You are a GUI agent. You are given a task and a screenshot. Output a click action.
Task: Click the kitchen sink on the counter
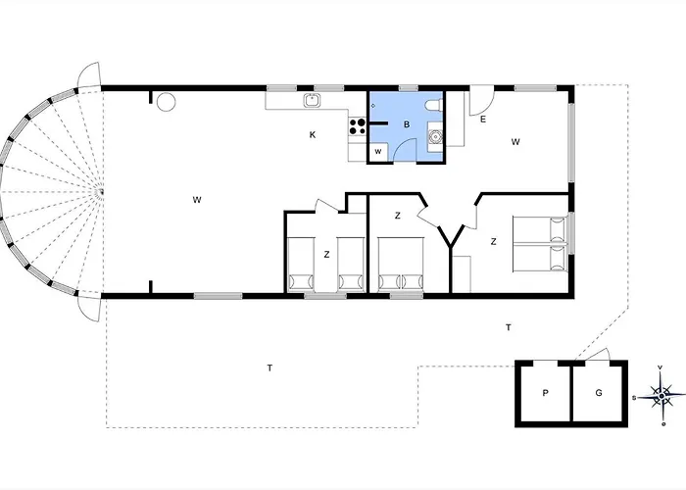tap(312, 100)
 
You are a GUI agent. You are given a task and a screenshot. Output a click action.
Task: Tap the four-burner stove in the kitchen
tap(358, 126)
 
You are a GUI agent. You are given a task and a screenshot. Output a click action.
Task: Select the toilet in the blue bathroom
tap(435, 106)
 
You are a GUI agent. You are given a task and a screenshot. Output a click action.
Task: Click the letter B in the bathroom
tap(407, 124)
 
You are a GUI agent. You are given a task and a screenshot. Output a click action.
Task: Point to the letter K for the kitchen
tap(313, 135)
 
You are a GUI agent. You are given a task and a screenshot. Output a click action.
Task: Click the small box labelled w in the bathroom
tap(378, 152)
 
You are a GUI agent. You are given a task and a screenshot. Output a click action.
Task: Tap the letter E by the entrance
tap(483, 119)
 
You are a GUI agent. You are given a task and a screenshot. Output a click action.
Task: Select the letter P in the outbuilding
tap(545, 393)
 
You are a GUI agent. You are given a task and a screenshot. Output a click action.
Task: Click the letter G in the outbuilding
tap(599, 392)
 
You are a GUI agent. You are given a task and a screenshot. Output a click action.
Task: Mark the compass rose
tap(661, 396)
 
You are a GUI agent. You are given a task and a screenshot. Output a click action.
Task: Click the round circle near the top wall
tap(167, 102)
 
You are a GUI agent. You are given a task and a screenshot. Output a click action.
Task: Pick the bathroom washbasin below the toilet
tap(435, 137)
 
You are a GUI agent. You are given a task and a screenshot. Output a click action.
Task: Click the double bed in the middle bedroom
tap(401, 265)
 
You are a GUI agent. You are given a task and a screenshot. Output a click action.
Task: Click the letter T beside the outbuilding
tap(509, 327)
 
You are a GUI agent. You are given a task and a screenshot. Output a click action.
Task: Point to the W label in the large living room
tap(197, 200)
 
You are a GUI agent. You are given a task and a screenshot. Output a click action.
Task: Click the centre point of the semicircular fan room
tap(101, 192)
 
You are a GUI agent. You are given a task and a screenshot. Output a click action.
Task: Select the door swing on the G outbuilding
tap(597, 355)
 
